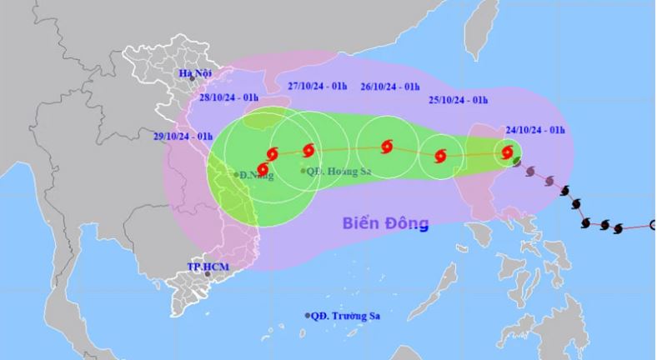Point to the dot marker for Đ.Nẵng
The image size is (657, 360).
pos(236,175)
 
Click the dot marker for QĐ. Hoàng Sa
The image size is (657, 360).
pos(303,171)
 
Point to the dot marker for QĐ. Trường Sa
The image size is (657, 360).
pos(308,316)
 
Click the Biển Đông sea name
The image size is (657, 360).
pos(384,223)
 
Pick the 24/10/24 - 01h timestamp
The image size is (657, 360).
pos(534,130)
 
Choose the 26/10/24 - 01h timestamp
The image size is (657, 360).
pos(389,87)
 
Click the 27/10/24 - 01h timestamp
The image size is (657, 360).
pos(318,87)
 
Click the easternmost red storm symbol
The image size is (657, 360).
pos(508,152)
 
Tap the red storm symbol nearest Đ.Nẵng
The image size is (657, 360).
pos(263,170)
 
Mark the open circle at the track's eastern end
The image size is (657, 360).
pos(653,224)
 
